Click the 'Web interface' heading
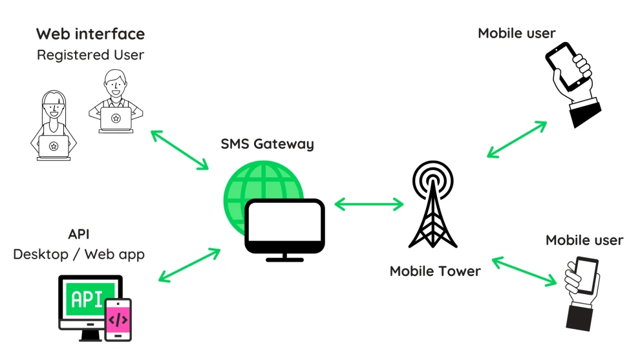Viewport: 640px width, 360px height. (x=91, y=34)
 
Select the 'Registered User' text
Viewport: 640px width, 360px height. (x=91, y=55)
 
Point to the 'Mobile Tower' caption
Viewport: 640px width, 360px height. (x=435, y=271)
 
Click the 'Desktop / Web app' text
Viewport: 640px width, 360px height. (x=79, y=254)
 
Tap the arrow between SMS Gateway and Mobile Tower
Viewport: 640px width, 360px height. (x=369, y=204)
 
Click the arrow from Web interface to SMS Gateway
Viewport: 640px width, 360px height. (x=180, y=149)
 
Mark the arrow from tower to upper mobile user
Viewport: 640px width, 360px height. (x=517, y=139)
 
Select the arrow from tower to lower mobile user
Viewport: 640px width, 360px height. (x=524, y=271)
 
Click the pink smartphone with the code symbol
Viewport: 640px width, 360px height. (x=118, y=319)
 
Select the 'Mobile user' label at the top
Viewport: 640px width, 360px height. (x=517, y=33)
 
